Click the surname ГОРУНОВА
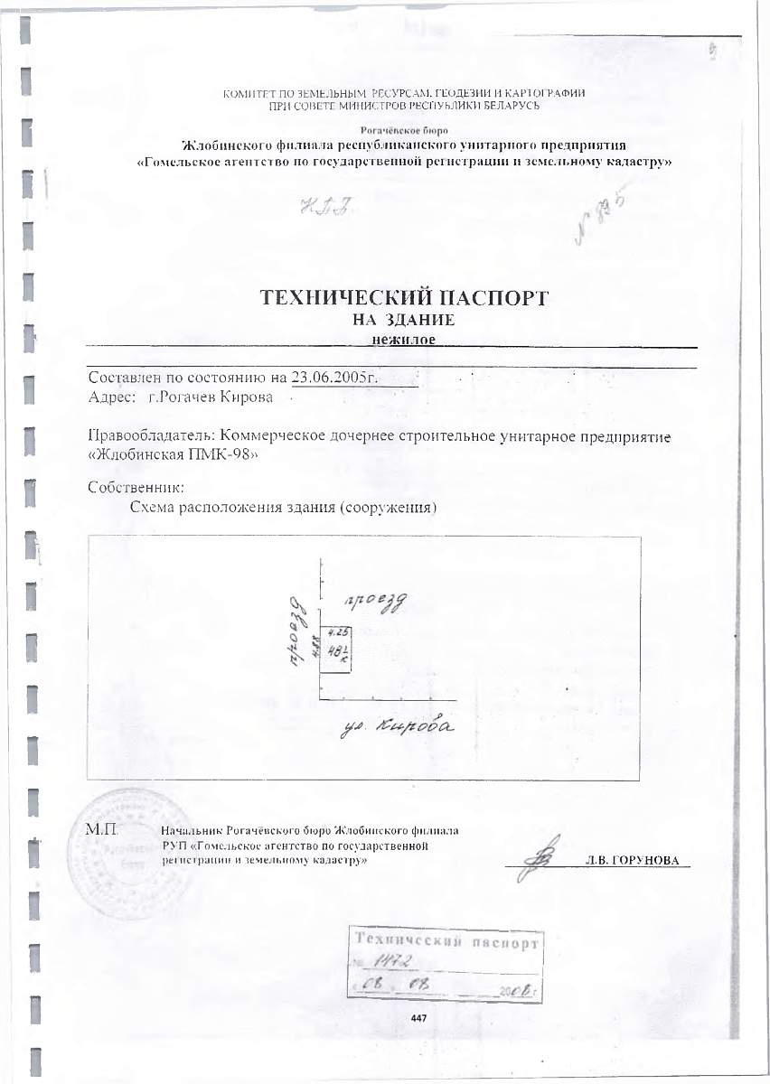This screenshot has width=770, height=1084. pos(643,860)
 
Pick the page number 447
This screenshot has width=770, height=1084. pos(418,1018)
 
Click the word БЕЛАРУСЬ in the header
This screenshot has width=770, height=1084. pos(512,107)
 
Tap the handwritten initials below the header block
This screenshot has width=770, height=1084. pos(322,209)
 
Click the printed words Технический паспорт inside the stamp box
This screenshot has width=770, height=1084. pos(446,943)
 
